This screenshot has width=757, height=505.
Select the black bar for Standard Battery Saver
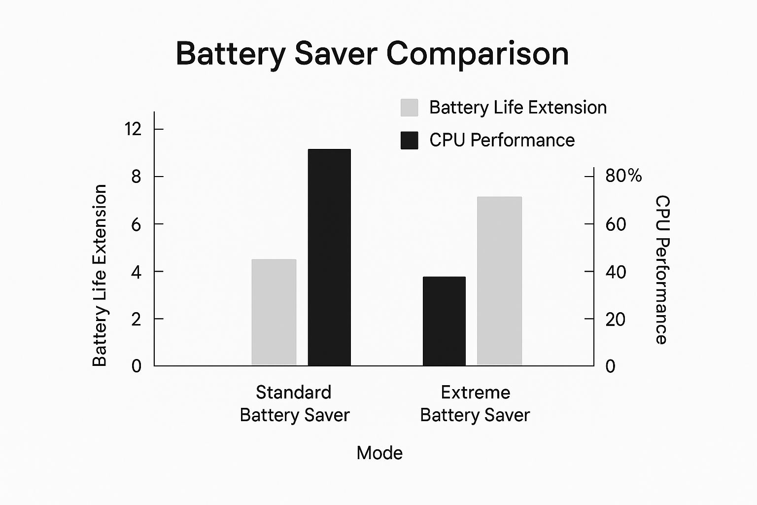click(329, 257)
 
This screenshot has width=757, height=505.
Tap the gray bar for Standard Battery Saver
click(274, 312)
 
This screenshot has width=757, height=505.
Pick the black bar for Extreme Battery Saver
click(444, 321)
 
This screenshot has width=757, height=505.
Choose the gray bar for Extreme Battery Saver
click(499, 281)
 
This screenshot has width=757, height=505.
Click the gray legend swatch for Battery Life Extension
click(409, 108)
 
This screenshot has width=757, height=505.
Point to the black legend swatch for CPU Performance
click(409, 140)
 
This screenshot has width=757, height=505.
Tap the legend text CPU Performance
click(502, 140)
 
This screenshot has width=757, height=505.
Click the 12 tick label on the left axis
click(133, 129)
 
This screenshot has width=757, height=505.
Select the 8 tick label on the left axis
click(136, 177)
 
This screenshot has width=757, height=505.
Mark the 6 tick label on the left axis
click(136, 224)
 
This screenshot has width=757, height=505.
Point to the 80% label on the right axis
click(623, 176)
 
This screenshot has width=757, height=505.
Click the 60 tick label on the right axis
click(616, 224)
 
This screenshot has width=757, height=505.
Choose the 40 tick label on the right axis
click(616, 272)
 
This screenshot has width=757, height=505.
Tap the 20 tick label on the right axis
click(616, 320)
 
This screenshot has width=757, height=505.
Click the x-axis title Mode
click(379, 453)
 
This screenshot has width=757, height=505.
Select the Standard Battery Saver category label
click(294, 403)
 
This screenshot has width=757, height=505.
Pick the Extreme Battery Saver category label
click(475, 403)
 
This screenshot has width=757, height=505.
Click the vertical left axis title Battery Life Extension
click(100, 275)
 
